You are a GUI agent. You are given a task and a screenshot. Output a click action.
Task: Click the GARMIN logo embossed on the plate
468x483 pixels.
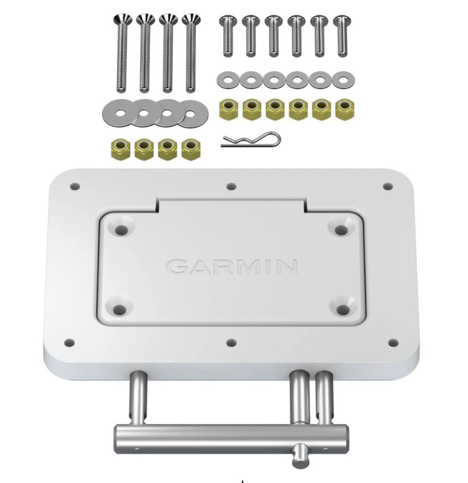(x=232, y=266)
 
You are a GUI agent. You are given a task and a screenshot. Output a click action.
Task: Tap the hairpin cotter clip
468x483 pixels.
(x=251, y=140)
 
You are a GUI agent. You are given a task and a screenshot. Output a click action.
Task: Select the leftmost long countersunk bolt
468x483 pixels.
(x=122, y=53)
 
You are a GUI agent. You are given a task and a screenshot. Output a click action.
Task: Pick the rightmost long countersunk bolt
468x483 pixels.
(x=191, y=53)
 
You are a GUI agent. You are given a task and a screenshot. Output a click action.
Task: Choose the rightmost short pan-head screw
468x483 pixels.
(x=342, y=37)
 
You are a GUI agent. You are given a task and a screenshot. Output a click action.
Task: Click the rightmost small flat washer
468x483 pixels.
(x=343, y=80)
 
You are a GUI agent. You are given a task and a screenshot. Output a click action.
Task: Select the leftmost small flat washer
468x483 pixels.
(x=228, y=80)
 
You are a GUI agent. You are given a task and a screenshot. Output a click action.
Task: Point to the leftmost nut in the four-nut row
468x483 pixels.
(x=121, y=149)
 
